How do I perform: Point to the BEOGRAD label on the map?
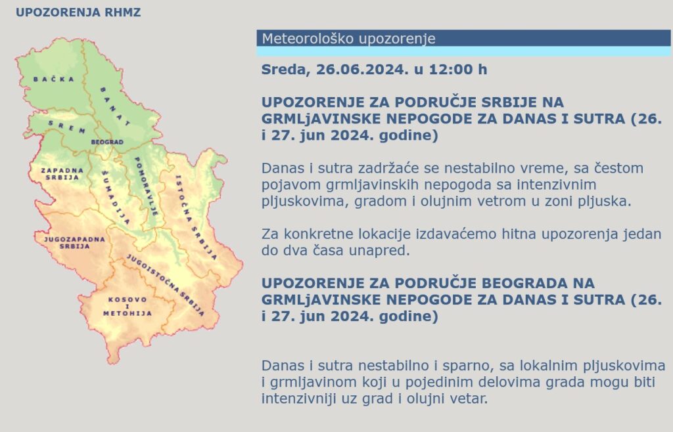pyautogui.click(x=106, y=142)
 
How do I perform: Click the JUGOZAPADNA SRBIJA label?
pyautogui.click(x=74, y=242)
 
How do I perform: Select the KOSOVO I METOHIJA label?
pyautogui.click(x=128, y=307)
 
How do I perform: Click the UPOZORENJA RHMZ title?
pyautogui.click(x=78, y=12)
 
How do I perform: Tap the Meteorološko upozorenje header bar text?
pyautogui.click(x=348, y=39)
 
